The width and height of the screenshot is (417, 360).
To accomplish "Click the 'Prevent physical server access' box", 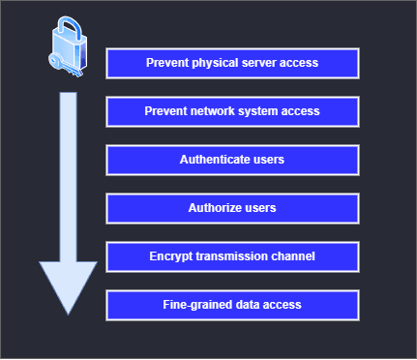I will tap(232, 64).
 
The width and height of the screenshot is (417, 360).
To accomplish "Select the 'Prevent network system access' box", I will tap(232, 111).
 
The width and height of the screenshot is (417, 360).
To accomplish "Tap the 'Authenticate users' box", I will tap(232, 160).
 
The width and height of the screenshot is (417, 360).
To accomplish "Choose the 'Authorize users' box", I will tap(232, 208).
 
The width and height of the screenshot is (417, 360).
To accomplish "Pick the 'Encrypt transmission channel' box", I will tap(232, 256).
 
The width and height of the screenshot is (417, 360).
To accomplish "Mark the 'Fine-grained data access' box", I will tap(232, 305).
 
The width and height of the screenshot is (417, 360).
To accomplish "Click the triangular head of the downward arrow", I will tap(68, 285).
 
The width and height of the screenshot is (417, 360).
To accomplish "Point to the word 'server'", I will tap(259, 64).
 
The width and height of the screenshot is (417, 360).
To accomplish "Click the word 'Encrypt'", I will tap(170, 256).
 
